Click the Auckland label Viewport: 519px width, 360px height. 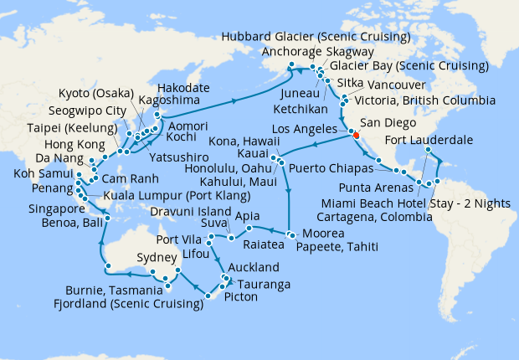[x=254, y=269]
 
